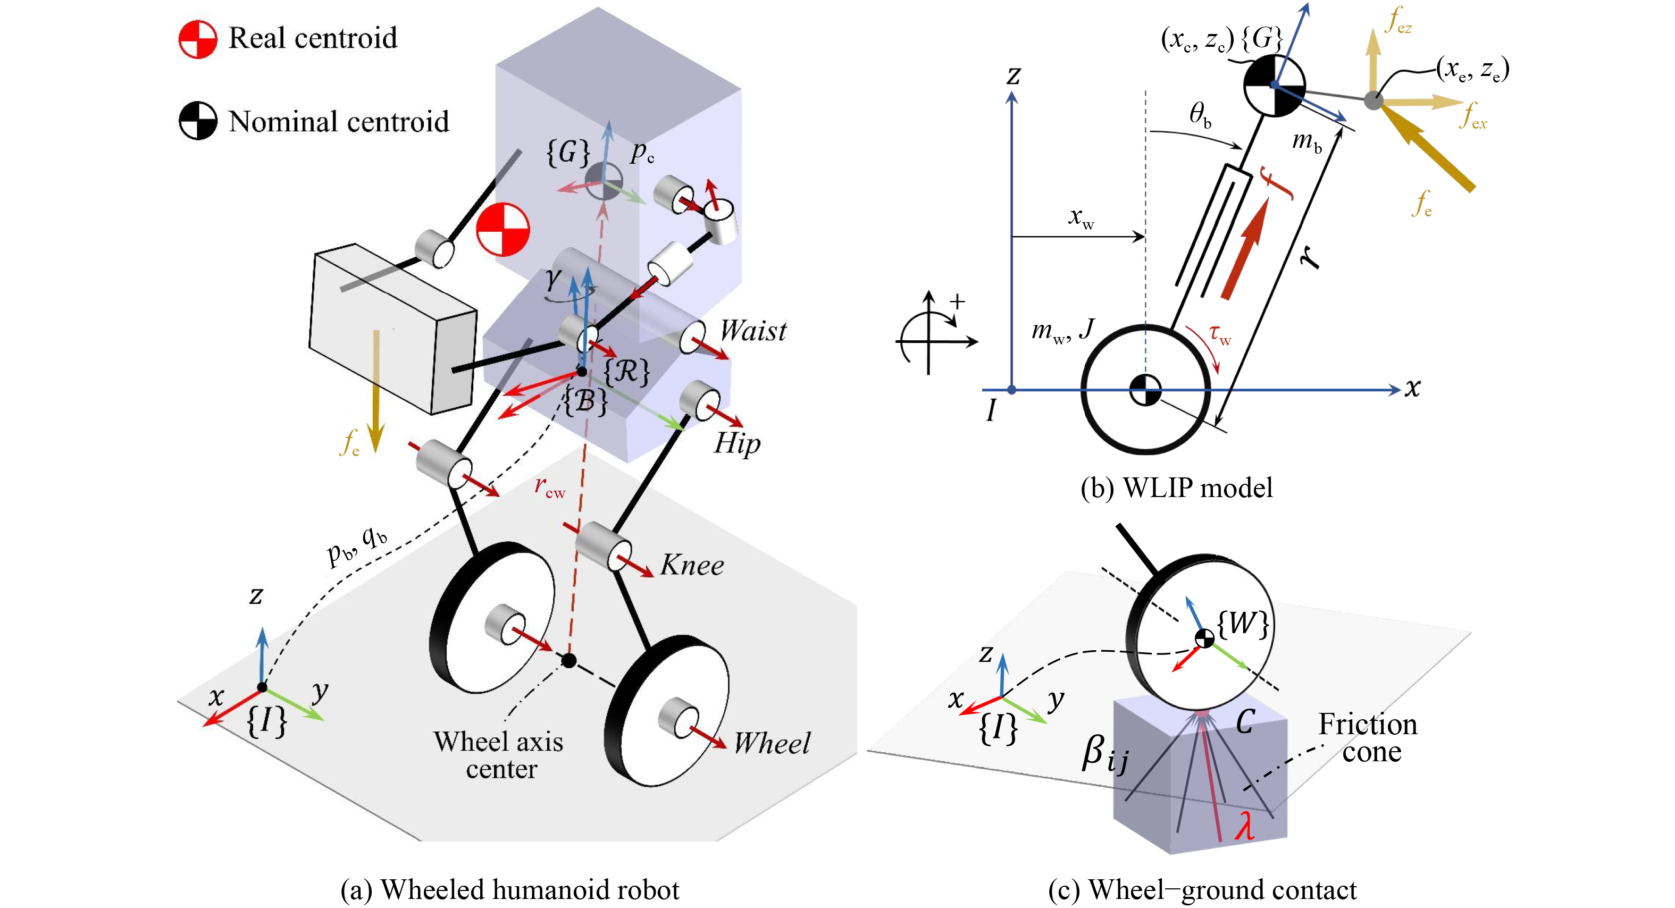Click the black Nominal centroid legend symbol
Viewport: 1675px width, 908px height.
tap(198, 121)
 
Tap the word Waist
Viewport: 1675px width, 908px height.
tap(753, 331)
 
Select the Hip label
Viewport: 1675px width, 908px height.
tap(736, 444)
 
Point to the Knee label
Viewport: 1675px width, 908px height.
tap(692, 565)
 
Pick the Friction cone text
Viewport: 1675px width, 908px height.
tap(1368, 738)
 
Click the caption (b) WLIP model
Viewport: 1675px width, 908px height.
tap(1176, 487)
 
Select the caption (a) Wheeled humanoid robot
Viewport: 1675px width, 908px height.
tap(510, 890)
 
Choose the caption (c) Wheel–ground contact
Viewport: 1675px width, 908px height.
tap(1202, 890)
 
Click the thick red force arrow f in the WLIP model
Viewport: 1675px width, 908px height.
tap(1244, 250)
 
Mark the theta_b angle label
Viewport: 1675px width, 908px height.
tap(1200, 115)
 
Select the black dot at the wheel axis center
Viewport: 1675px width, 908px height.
tap(569, 661)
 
